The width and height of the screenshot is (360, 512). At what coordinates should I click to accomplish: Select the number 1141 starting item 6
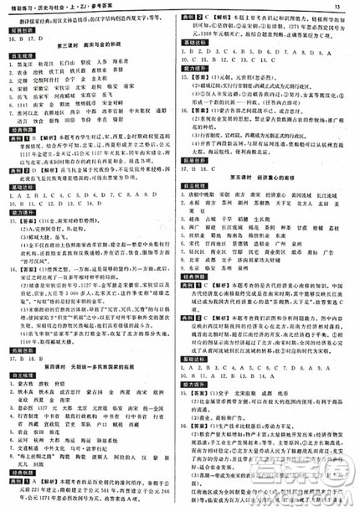tap(37, 121)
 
